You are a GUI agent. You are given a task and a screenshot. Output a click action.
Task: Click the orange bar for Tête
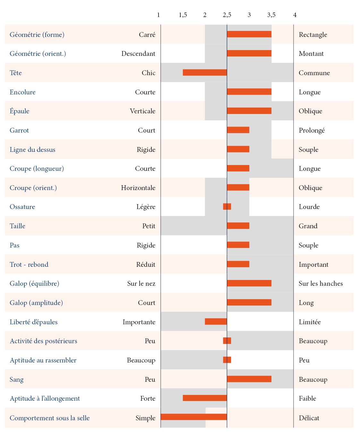[x=205, y=73]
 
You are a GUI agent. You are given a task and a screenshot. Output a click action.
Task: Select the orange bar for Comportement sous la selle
[x=194, y=417]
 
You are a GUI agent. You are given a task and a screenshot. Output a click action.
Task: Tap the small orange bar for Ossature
[x=227, y=206]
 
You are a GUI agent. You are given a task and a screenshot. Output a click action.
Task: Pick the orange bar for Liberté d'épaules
[x=216, y=321]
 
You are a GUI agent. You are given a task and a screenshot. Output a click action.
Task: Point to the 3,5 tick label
[x=271, y=15]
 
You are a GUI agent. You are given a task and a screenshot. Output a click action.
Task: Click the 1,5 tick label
[x=183, y=15]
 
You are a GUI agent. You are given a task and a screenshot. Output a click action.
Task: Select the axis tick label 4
[x=295, y=15]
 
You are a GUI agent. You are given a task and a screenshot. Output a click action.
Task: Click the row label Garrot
[x=19, y=130]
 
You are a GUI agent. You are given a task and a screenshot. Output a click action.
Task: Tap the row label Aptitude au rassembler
[x=43, y=360]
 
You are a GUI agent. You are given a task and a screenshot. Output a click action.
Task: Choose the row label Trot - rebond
[x=29, y=265]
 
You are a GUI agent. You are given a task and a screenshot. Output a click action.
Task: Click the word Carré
[x=147, y=35]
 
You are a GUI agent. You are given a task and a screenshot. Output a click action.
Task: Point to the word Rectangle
[x=313, y=35]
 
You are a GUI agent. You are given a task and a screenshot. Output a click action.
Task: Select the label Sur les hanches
[x=321, y=283]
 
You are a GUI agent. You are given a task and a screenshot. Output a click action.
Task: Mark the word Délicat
[x=309, y=418]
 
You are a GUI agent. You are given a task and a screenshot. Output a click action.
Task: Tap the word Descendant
[x=138, y=54]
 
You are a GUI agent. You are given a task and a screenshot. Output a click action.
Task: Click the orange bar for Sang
[x=249, y=379]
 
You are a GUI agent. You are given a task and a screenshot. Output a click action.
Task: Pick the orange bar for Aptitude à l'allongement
[x=205, y=398]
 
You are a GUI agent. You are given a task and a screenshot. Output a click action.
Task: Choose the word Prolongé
[x=312, y=130]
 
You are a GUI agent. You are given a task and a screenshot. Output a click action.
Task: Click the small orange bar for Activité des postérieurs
[x=227, y=341]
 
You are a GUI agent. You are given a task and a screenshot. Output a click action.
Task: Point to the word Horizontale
[x=138, y=188]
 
